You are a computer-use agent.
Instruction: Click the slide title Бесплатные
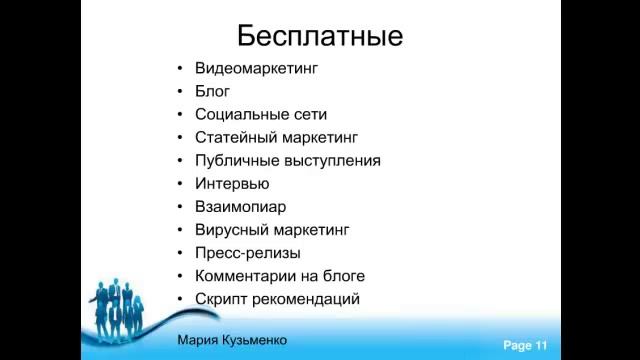(320, 37)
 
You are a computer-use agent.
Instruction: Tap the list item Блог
(213, 92)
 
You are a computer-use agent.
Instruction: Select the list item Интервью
(232, 184)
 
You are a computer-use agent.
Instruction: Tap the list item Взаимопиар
(241, 207)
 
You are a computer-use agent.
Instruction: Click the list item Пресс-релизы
(248, 253)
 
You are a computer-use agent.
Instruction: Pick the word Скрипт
(223, 299)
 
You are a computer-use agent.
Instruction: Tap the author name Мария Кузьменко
(232, 340)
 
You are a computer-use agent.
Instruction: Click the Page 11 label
(525, 345)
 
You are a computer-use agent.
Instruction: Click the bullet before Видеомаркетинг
(179, 69)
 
